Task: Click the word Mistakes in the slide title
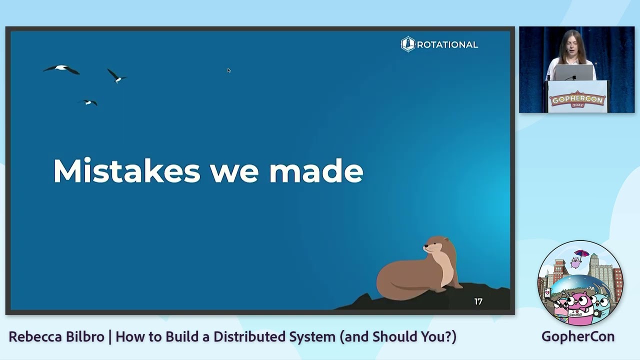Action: click(x=126, y=171)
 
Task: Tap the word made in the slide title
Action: click(x=316, y=171)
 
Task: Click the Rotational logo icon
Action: click(x=408, y=44)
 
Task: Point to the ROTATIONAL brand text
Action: click(x=447, y=45)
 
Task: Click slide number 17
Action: click(x=478, y=301)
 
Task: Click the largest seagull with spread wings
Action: click(x=61, y=69)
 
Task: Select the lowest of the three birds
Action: click(x=88, y=102)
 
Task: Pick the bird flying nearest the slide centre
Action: click(x=116, y=76)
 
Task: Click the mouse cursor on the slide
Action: click(x=228, y=70)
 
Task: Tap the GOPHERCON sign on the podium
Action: click(x=577, y=100)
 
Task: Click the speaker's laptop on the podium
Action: click(x=573, y=73)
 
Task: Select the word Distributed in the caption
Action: click(x=248, y=336)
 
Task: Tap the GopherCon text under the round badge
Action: click(x=577, y=336)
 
